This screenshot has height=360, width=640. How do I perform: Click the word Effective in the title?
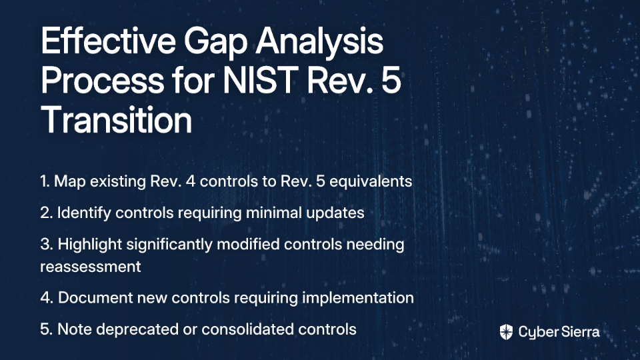tap(108, 41)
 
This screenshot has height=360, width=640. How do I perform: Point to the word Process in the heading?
tap(103, 80)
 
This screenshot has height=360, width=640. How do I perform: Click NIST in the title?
tap(259, 80)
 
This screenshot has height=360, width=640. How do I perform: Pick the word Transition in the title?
tap(116, 119)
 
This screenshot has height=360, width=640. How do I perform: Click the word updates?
tap(335, 213)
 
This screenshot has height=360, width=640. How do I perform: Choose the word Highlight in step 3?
tap(90, 245)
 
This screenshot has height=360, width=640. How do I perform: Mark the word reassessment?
tap(91, 267)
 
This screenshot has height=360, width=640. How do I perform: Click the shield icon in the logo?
tap(506, 332)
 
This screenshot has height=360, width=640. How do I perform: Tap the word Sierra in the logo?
tap(579, 332)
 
